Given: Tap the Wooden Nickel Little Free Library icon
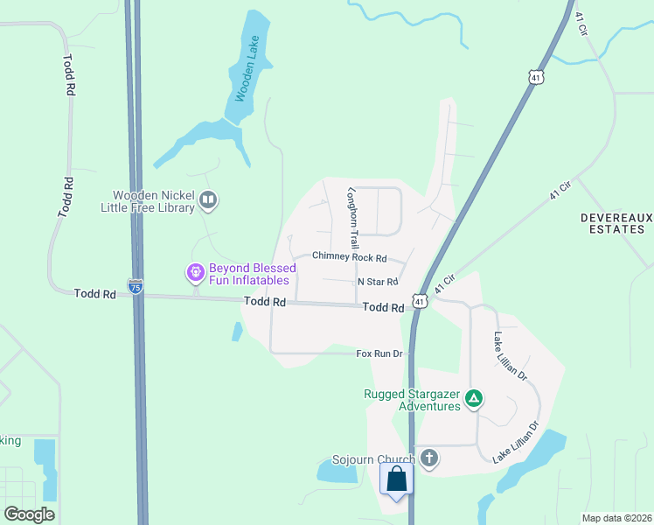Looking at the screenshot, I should click(x=208, y=201).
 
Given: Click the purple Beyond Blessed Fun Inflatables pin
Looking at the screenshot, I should click(x=195, y=273).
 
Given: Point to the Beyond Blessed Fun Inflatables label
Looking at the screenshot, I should click(x=253, y=273).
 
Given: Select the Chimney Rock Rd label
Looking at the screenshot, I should click(x=349, y=257).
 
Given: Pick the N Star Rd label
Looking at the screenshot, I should click(x=378, y=282).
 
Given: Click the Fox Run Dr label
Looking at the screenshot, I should click(x=379, y=353).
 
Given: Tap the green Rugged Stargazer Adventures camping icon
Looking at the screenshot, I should click(x=473, y=399).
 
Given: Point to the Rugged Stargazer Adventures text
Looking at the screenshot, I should click(x=412, y=400).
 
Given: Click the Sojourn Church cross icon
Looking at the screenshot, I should click(x=428, y=458).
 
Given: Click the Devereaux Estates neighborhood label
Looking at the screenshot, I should click(x=614, y=223).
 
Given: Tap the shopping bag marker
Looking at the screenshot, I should click(x=396, y=479).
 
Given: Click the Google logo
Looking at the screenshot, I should click(x=29, y=514).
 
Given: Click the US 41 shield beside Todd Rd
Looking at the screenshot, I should click(x=421, y=302).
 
